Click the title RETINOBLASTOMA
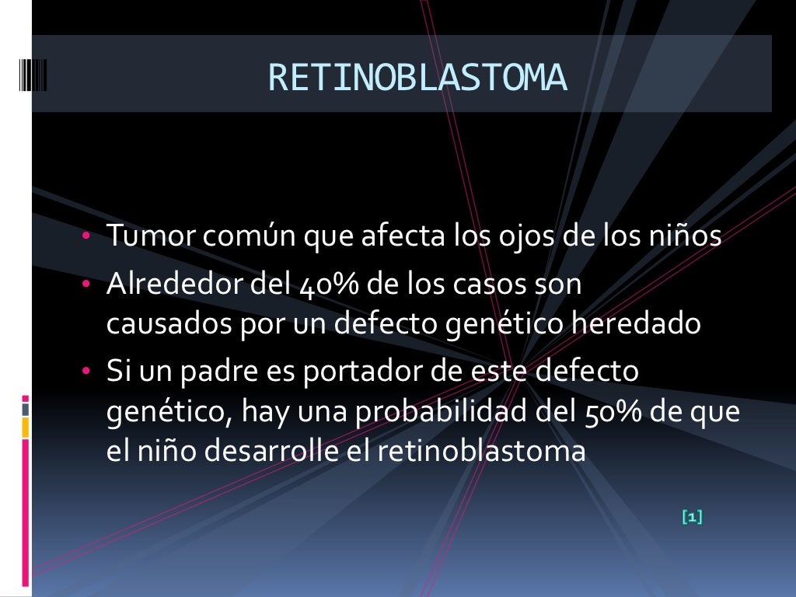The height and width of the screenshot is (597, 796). tap(417, 78)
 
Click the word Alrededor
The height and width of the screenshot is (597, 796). tap(176, 285)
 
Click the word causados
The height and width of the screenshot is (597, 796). tap(159, 323)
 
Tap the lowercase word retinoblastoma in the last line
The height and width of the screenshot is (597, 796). tap(481, 452)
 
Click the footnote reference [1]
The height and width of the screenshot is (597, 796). tap(691, 516)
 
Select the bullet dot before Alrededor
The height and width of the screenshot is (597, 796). tap(88, 285)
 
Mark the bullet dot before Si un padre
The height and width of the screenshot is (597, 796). tap(88, 372)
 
